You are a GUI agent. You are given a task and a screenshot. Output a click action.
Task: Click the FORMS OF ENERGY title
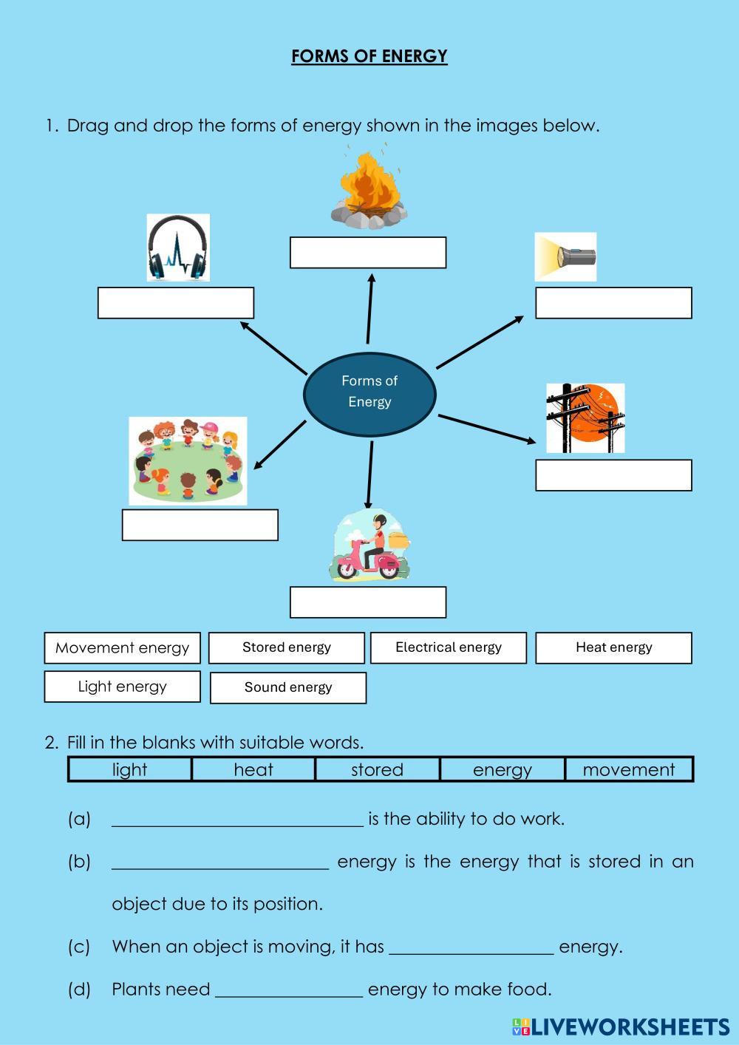369,56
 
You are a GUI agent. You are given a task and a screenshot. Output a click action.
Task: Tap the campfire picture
368,188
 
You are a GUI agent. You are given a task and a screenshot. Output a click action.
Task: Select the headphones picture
177,248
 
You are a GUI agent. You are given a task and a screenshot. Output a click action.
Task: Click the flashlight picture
565,257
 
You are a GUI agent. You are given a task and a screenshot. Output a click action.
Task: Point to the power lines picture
585,418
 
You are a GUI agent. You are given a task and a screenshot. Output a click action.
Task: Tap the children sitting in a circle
188,461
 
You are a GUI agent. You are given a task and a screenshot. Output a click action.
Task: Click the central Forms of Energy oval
369,392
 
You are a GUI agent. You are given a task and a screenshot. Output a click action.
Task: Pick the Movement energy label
122,648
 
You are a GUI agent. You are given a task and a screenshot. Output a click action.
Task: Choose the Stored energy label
287,647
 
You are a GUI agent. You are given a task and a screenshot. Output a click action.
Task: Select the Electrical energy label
449,647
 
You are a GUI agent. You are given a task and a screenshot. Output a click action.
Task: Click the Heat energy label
613,647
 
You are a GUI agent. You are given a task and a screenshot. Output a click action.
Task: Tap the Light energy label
122,687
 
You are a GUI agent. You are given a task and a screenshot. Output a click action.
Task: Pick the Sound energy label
288,687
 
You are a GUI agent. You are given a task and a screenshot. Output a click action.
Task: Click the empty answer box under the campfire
368,253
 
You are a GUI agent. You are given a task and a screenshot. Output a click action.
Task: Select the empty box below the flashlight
613,303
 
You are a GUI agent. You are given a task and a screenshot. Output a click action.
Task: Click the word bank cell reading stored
377,769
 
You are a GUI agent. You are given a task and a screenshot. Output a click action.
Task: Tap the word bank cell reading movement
629,769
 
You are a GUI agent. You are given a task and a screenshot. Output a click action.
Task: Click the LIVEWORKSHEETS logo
620,1026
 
